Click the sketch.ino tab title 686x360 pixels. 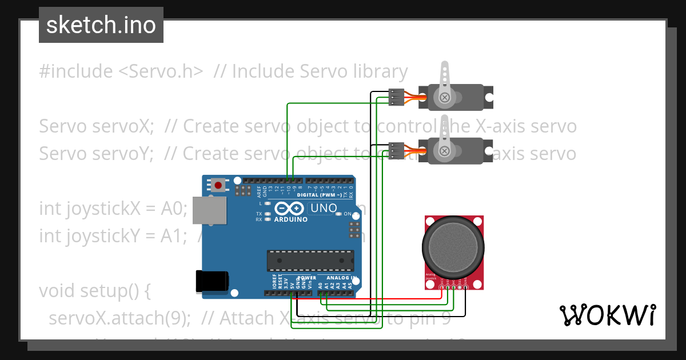pos(101,25)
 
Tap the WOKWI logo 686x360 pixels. pos(607,315)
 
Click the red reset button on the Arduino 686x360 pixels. pos(218,185)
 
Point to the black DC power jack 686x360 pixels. pos(212,281)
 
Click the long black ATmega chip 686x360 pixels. pos(309,261)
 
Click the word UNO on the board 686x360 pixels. pos(322,209)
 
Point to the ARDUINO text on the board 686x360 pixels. pos(290,219)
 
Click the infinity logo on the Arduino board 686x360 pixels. pos(289,209)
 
